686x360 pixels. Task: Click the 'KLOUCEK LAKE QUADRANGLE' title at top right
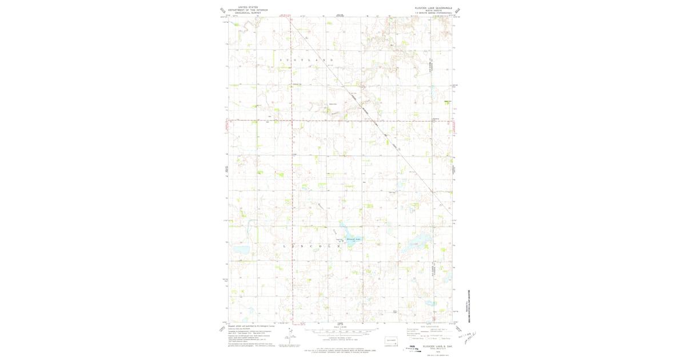pyautogui.click(x=433, y=8)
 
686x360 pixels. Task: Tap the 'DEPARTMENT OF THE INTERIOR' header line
pyautogui.click(x=248, y=10)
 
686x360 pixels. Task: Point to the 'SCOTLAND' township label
pyautogui.click(x=306, y=60)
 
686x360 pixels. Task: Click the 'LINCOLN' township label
pyautogui.click(x=309, y=246)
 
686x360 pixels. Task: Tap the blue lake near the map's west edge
pyautogui.click(x=239, y=250)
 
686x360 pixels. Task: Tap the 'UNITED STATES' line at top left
pyautogui.click(x=248, y=7)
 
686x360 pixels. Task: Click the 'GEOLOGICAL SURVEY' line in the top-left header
pyautogui.click(x=248, y=13)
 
